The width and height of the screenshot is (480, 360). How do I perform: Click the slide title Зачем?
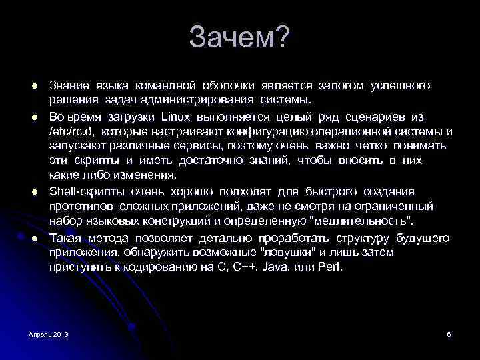pyautogui.click(x=239, y=38)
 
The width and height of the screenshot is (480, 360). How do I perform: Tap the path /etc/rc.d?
pyautogui.click(x=71, y=131)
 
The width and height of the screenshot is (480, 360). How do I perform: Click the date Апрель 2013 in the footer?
pyautogui.click(x=49, y=333)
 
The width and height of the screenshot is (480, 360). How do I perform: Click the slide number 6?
pyautogui.click(x=449, y=333)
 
